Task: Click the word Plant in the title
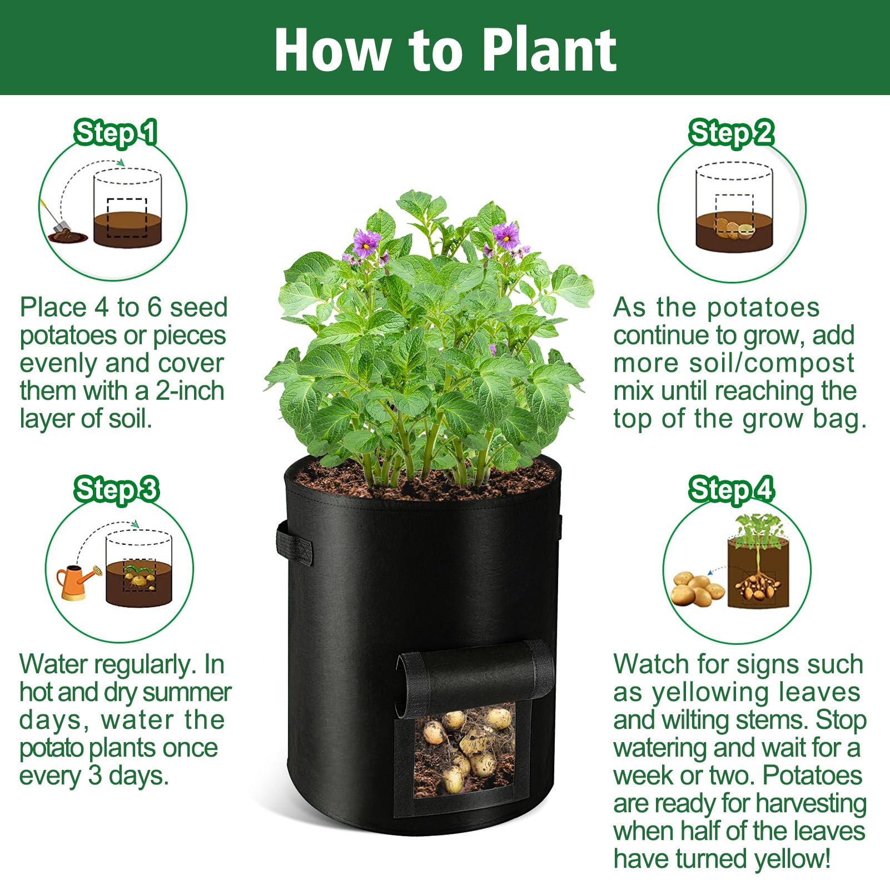coord(548,51)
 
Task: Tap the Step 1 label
coord(116,133)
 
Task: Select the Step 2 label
coord(731,133)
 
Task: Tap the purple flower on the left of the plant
coord(366,243)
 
